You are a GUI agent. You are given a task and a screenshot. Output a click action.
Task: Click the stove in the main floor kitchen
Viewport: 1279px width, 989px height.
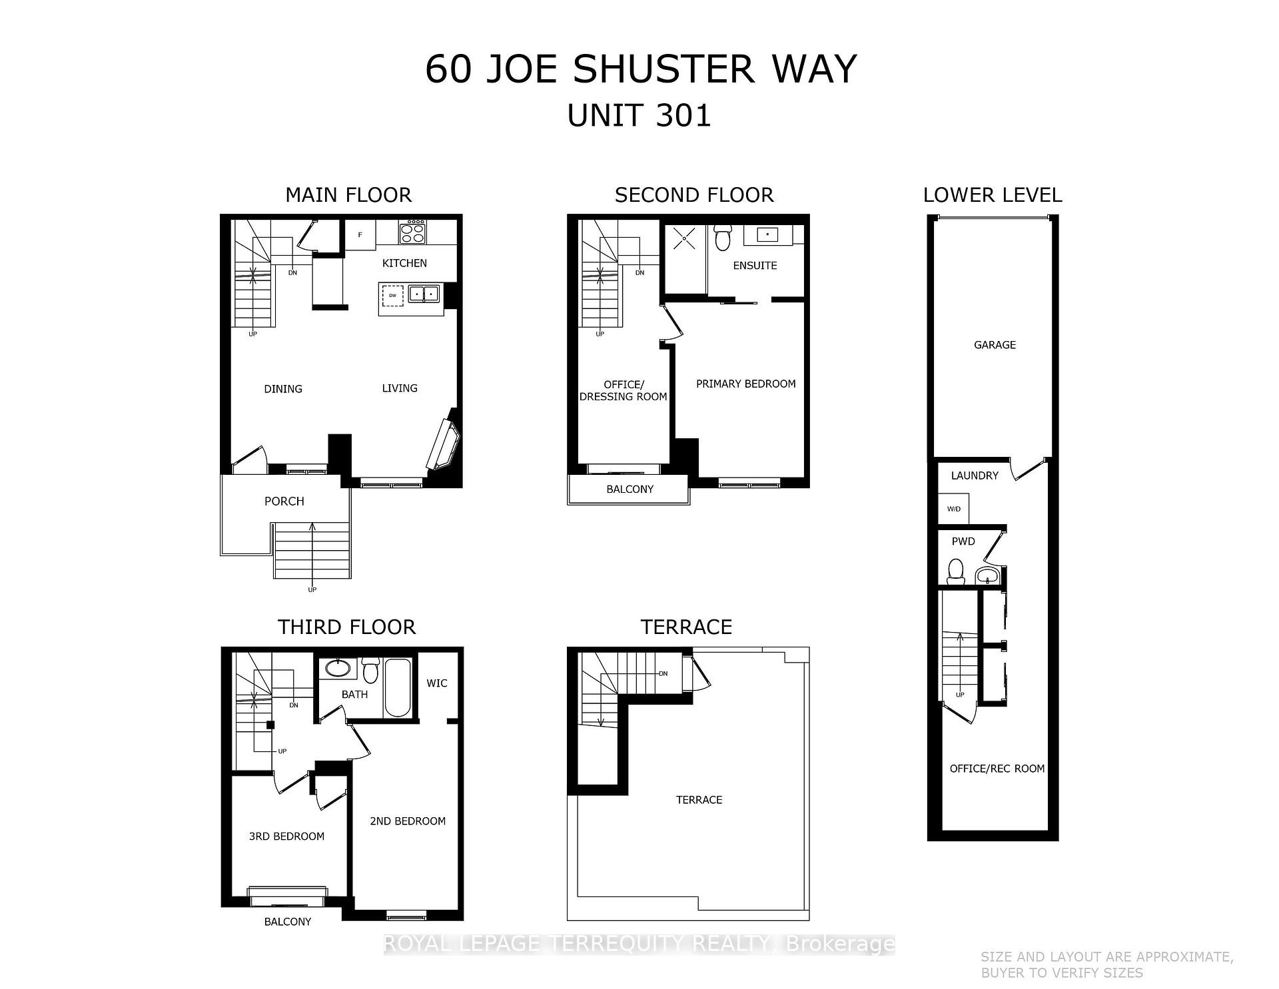(412, 232)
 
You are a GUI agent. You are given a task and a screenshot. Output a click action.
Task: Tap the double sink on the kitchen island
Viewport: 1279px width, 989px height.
(424, 293)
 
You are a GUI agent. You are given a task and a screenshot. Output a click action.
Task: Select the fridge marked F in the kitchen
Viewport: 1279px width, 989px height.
(360, 235)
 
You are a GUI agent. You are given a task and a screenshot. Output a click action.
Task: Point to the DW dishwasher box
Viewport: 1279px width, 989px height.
(393, 295)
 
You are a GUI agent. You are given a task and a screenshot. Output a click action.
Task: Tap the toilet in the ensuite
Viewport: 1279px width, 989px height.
(722, 238)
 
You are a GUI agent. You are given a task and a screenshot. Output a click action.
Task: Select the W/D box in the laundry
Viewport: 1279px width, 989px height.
(953, 509)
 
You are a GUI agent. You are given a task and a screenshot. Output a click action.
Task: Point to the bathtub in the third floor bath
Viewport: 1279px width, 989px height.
(398, 687)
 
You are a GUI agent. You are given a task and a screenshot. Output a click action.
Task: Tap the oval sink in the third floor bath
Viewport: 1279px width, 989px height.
(338, 668)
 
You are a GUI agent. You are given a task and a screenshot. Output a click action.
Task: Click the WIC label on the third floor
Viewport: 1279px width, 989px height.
(437, 683)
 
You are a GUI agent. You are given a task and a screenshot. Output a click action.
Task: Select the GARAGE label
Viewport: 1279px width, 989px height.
(995, 344)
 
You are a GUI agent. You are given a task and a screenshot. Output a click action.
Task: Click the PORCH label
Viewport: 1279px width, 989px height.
(284, 501)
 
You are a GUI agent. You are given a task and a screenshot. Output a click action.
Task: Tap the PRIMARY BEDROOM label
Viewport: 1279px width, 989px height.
(745, 384)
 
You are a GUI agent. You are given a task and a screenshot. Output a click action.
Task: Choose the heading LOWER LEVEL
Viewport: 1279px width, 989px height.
(992, 195)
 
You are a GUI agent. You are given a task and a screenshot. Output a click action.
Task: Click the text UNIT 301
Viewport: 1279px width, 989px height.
(639, 115)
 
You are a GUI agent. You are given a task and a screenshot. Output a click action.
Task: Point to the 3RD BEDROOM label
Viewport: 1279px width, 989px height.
(286, 836)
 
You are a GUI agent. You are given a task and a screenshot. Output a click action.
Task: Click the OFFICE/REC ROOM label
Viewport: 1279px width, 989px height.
(997, 769)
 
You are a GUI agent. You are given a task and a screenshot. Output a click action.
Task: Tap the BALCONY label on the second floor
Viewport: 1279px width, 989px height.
(630, 489)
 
